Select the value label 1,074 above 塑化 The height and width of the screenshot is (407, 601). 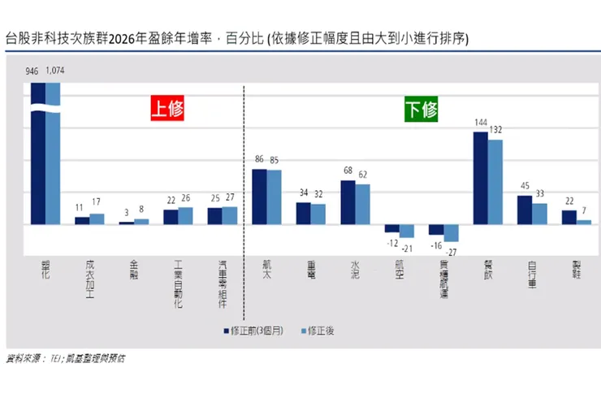click(54, 71)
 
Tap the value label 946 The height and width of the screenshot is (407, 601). click(32, 71)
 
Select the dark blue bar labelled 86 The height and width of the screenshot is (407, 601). click(260, 197)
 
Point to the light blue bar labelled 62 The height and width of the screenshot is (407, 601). click(362, 204)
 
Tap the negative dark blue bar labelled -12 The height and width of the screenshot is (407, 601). click(392, 228)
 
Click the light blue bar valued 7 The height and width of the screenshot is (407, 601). click(583, 222)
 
